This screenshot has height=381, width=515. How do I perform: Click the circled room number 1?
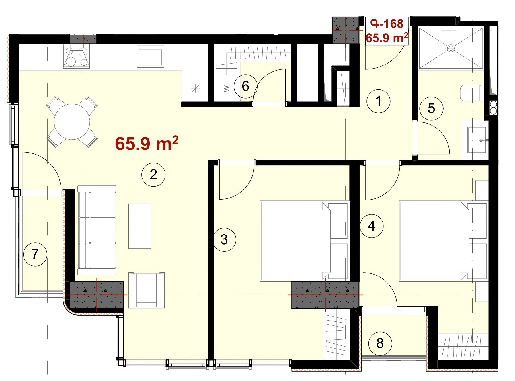click(378, 101)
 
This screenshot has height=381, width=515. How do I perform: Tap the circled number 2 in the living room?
click(153, 175)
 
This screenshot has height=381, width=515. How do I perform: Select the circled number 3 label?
click(224, 240)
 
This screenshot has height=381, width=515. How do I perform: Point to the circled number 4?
click(372, 226)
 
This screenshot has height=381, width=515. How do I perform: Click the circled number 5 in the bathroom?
click(431, 108)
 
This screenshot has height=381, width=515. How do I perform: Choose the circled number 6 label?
click(245, 86)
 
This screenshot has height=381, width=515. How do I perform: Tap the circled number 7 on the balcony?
click(35, 254)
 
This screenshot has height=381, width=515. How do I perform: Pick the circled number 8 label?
click(380, 343)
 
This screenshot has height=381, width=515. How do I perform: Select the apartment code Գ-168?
click(387, 24)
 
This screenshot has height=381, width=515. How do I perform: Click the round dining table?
click(72, 122)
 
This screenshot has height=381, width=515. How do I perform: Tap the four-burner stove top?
click(77, 57)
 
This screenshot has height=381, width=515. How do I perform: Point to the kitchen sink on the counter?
click(150, 56)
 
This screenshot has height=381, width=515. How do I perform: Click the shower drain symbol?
click(451, 48)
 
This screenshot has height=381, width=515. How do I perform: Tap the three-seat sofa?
click(97, 230)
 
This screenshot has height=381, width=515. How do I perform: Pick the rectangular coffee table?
click(139, 226)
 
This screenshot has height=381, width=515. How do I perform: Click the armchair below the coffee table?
click(146, 290)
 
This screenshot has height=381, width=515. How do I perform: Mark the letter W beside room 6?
click(227, 89)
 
